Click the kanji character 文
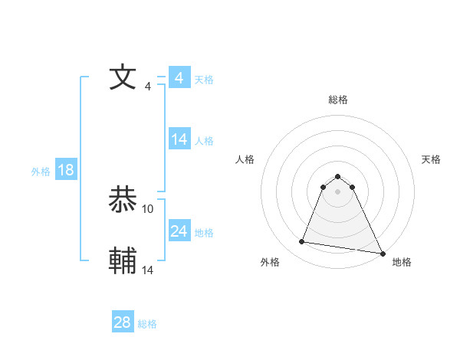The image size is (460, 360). pos(123,77)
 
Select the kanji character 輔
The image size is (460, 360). pos(123,260)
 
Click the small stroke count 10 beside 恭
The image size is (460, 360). pos(148,208)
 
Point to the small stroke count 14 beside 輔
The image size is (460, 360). pos(148,270)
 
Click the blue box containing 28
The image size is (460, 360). pos(123,322)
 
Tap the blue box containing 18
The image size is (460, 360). pos(66,170)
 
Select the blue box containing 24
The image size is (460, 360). pos(179,231)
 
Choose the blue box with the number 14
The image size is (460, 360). pos(179,139)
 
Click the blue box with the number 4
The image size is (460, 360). pos(179,78)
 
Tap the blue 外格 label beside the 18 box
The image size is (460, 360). pos(41,172)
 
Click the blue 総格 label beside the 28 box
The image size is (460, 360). pos(147,324)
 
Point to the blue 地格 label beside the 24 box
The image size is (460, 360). pos(204,233)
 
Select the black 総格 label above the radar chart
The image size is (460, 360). pos(338,100)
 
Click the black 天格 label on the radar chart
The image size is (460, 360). pos(432,159)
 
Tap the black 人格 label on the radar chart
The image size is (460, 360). pos(245,159)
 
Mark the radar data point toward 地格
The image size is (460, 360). pos(382,253)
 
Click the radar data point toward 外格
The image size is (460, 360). pos(302,242)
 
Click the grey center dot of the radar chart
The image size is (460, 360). pos(338,191)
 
